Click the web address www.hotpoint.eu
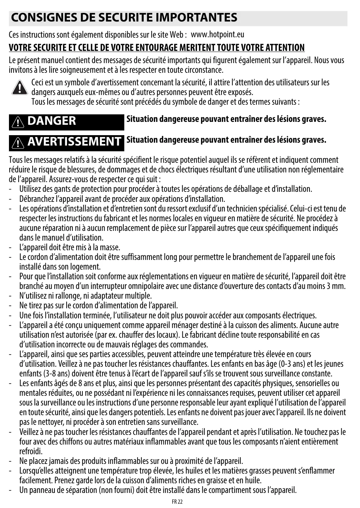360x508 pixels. (x=217, y=35)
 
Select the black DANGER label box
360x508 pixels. (x=66, y=121)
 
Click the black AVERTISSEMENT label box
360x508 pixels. (x=66, y=142)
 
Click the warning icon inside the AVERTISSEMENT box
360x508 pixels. (x=19, y=142)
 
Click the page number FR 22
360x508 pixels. (x=177, y=502)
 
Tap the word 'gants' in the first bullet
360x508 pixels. (x=59, y=189)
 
